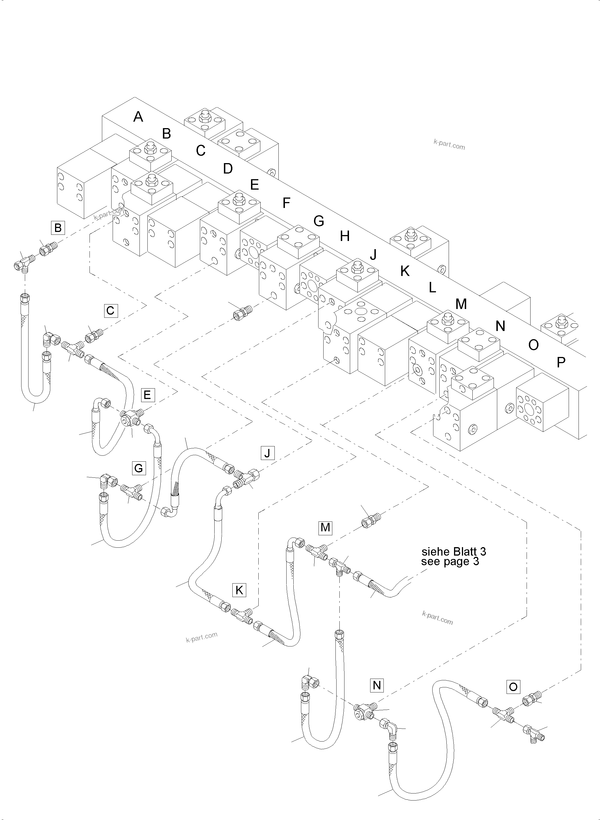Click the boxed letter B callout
(x=58, y=228)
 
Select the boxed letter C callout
(x=110, y=311)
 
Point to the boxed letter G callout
(x=139, y=468)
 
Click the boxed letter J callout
(x=267, y=453)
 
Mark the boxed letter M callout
(x=326, y=527)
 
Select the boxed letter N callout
(x=377, y=685)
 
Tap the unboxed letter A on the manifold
(x=138, y=117)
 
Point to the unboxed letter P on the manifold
(x=561, y=362)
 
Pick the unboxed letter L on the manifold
(x=432, y=288)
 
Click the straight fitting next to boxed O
(x=532, y=700)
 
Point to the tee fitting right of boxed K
(x=241, y=615)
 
